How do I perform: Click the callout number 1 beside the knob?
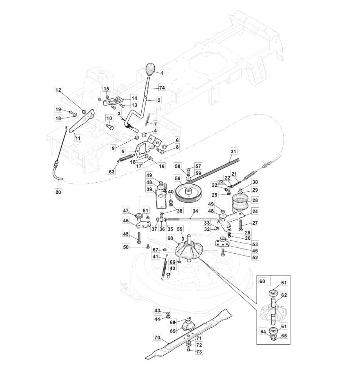[162, 73]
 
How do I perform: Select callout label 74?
[162, 87]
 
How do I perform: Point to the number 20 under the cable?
[58, 192]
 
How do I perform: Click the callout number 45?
[126, 234]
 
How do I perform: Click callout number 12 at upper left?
[58, 90]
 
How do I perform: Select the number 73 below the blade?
[199, 352]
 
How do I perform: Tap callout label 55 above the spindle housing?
[180, 229]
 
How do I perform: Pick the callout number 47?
[126, 211]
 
